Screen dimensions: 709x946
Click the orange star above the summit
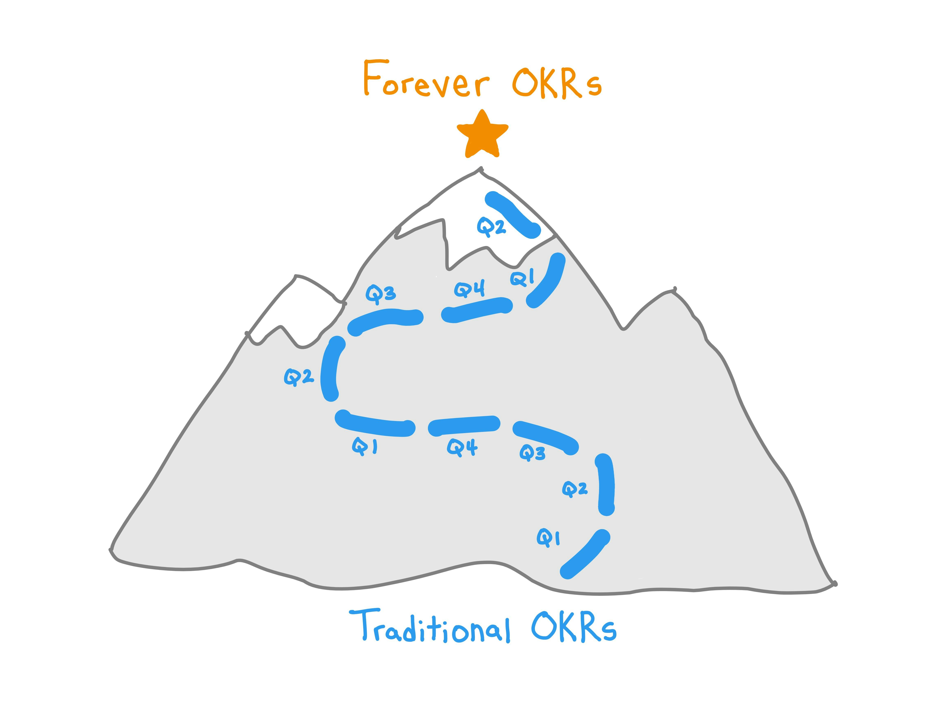482,135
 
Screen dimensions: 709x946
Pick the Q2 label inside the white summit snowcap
491,227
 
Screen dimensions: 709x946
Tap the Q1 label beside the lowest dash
548,538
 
